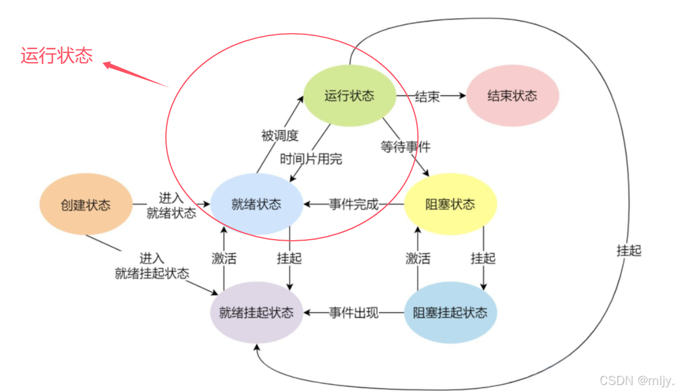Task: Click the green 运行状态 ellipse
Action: coord(349,96)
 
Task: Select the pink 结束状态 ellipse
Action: coord(512,96)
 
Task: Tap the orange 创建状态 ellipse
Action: coord(86,205)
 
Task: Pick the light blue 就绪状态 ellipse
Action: coord(257,204)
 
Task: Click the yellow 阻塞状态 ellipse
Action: coord(450,204)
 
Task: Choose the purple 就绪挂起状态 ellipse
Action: coord(257,312)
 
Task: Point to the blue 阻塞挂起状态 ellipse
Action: coord(450,312)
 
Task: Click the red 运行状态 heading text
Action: coord(56,56)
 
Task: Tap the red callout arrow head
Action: coord(108,65)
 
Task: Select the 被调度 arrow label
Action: coord(279,136)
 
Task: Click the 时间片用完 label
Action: coord(311,159)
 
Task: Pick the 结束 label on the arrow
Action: coord(427,97)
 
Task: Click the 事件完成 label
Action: coord(353,205)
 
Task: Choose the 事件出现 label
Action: coord(353,313)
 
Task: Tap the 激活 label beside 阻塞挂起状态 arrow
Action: coord(418,258)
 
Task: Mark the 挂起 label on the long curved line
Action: coord(629,251)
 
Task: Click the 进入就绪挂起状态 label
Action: coord(152,266)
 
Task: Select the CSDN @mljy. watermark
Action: coord(636,380)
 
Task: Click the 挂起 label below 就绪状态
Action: coord(289,258)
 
